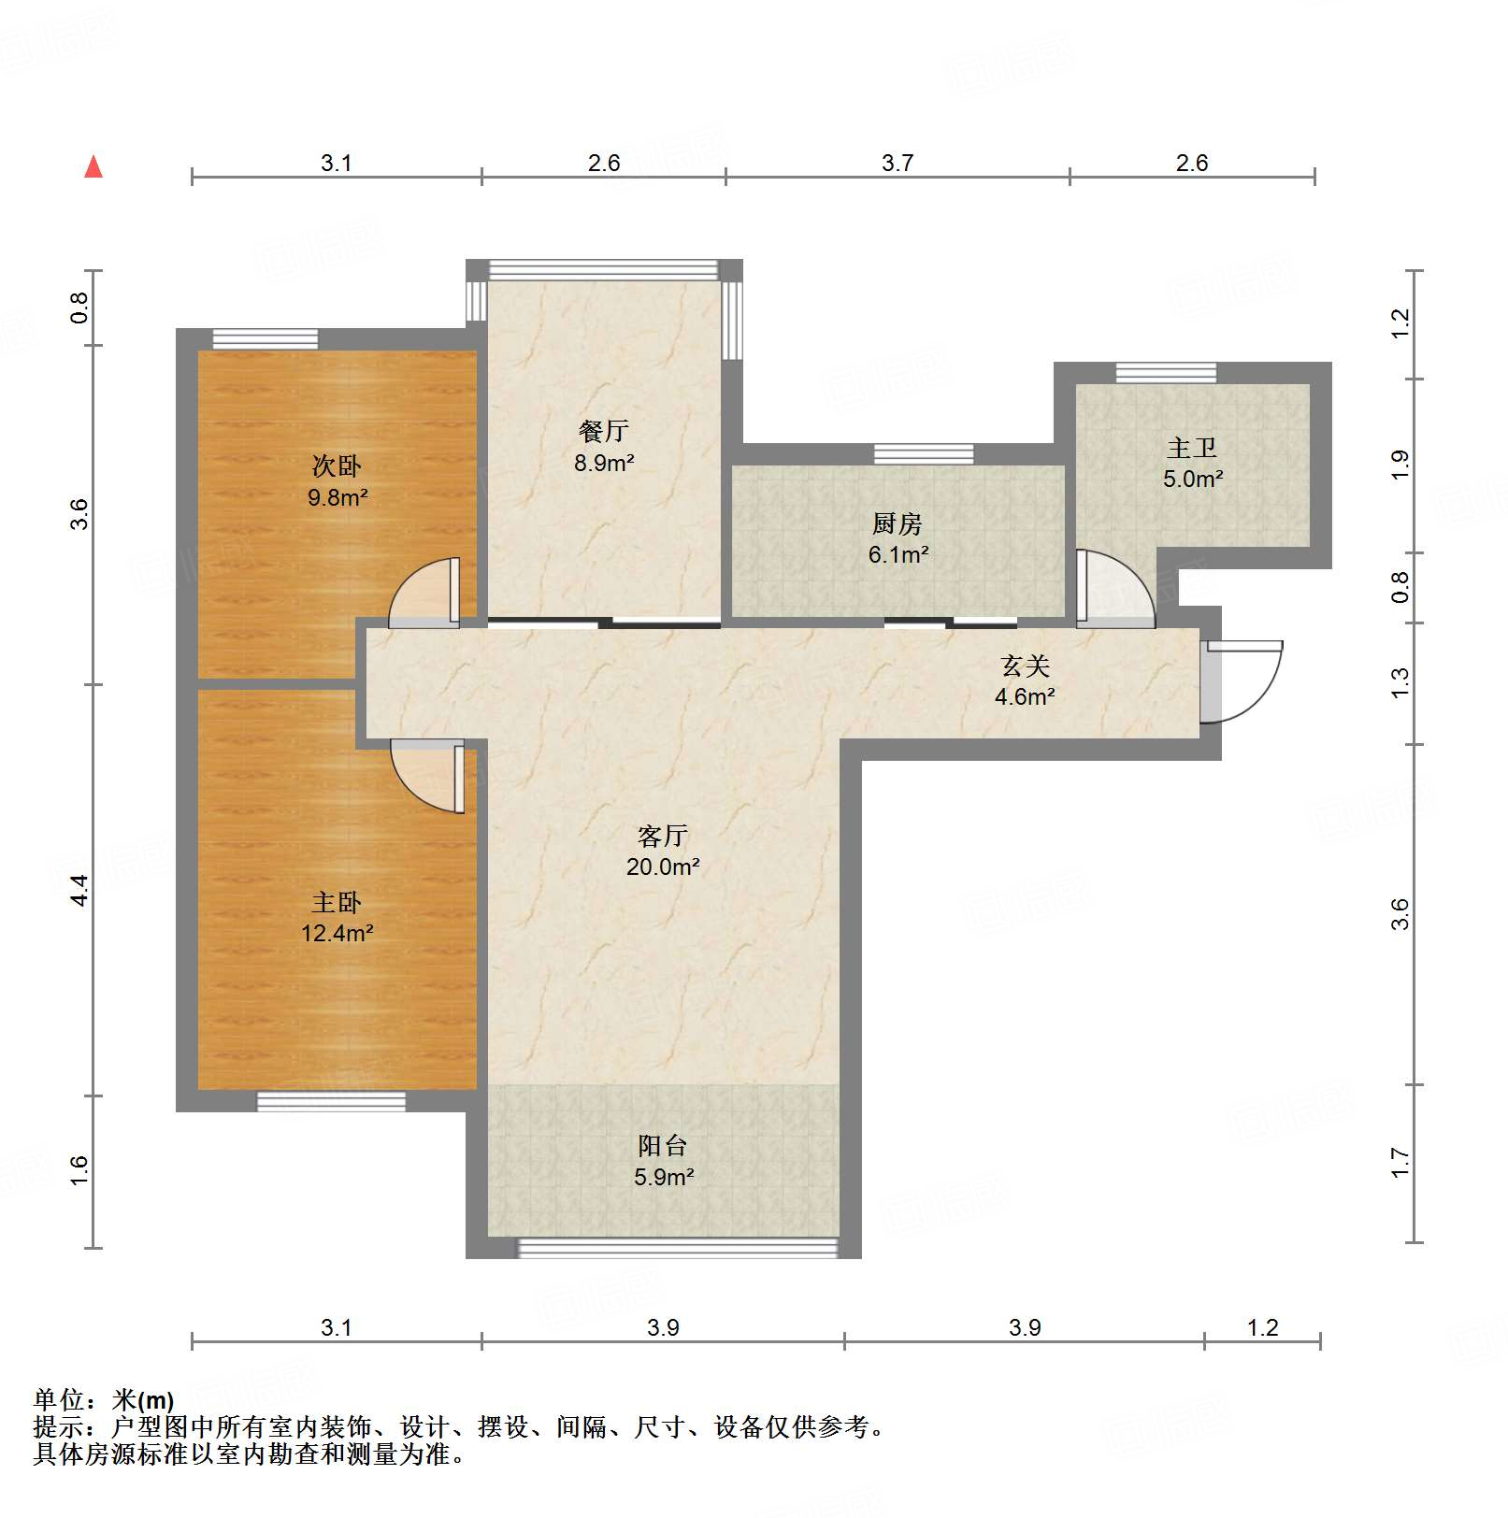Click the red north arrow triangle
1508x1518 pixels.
point(93,167)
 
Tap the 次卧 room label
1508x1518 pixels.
point(337,465)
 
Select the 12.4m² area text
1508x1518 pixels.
point(338,933)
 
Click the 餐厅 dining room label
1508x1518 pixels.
point(603,431)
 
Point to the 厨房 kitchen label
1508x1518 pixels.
point(898,523)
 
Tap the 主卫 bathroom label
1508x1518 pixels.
point(1192,448)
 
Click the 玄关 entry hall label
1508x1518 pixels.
point(1025,666)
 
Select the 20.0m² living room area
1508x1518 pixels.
point(663,866)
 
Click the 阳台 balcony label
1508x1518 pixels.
point(663,1145)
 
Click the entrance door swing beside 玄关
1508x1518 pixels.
point(1248,682)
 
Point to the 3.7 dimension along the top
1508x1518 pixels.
point(897,164)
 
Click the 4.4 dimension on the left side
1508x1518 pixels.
point(80,889)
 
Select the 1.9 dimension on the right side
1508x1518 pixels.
point(1400,465)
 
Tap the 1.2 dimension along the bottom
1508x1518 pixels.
point(1262,1327)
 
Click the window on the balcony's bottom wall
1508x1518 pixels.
point(678,1248)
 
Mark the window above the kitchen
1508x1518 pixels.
point(924,454)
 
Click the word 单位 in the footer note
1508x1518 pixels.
point(59,1400)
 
